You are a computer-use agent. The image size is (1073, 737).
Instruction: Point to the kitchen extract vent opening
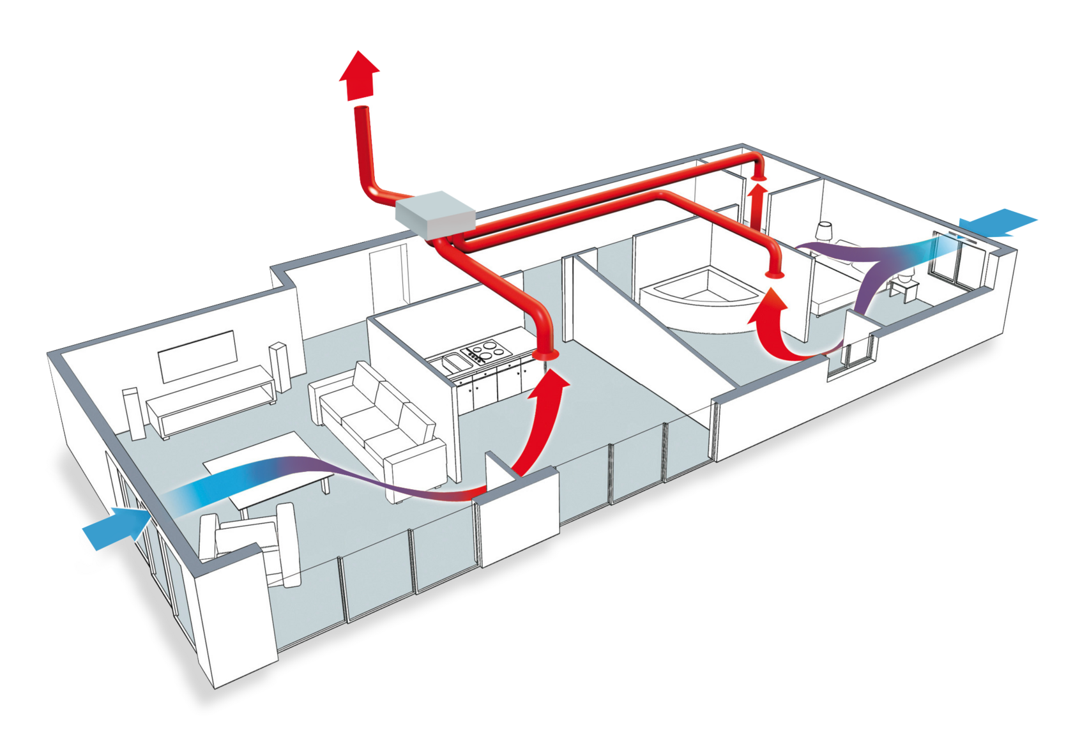click(x=545, y=354)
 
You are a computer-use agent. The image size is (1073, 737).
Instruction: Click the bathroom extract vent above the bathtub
click(x=775, y=275)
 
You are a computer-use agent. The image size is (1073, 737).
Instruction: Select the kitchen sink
click(x=455, y=363)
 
